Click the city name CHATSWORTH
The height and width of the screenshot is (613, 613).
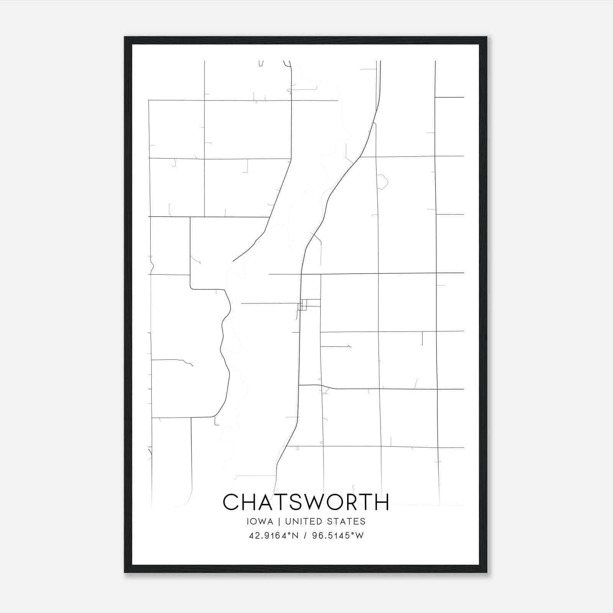[306, 502]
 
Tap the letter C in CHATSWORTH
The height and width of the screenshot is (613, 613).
[231, 502]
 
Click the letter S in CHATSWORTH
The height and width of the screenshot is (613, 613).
[296, 502]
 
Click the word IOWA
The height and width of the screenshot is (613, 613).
[261, 521]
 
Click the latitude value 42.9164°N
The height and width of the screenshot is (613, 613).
[273, 536]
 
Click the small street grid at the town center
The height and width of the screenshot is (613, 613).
[303, 305]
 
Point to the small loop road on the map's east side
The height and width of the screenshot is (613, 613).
[382, 182]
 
